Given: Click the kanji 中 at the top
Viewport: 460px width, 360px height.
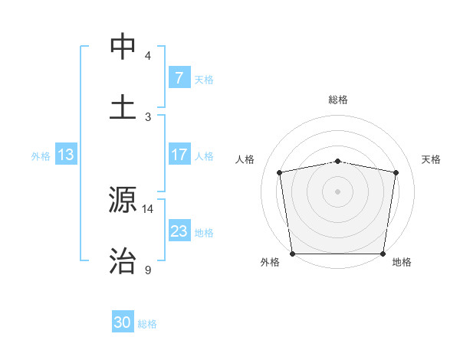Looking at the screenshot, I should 123,47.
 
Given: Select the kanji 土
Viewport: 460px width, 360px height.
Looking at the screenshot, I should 123,106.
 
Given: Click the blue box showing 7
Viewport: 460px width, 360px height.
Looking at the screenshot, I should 179,78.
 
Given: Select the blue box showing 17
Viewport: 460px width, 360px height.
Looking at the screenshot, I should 179,155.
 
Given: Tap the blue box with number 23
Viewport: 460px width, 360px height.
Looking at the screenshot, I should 179,231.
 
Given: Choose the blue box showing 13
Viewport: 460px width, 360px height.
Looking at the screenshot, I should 65,155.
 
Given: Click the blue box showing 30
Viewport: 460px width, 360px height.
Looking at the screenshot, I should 123,322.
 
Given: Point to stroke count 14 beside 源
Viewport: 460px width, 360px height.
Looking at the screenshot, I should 148,208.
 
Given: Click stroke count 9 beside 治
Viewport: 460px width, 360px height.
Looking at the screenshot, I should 148,270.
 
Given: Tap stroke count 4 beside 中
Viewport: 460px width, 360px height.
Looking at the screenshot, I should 148,56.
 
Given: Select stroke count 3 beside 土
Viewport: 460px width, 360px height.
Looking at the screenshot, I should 148,116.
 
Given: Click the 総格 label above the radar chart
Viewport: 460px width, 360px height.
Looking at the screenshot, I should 338,100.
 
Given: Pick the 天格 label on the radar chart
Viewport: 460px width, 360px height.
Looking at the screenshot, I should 432,159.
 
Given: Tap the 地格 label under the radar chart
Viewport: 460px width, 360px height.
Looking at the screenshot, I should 402,262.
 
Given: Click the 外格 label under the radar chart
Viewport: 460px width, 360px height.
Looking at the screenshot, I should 270,262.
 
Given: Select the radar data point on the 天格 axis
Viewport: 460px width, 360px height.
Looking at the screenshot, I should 396,172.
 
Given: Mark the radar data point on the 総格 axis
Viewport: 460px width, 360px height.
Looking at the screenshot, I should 338,161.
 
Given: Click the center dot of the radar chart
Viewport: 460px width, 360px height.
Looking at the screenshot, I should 338,191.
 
